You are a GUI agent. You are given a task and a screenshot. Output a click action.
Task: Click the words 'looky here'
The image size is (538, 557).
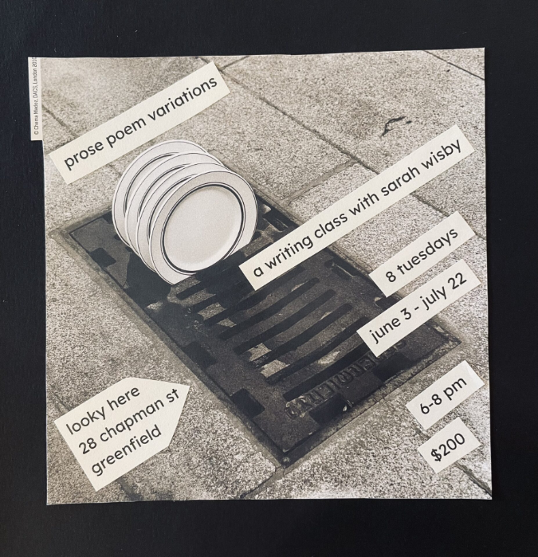click(x=104, y=410)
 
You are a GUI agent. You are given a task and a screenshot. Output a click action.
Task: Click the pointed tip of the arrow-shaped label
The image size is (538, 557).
click(x=189, y=390)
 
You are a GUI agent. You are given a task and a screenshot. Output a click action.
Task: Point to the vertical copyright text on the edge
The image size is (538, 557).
click(x=36, y=100)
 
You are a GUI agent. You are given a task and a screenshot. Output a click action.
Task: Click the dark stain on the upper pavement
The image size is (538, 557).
click(x=395, y=124)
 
